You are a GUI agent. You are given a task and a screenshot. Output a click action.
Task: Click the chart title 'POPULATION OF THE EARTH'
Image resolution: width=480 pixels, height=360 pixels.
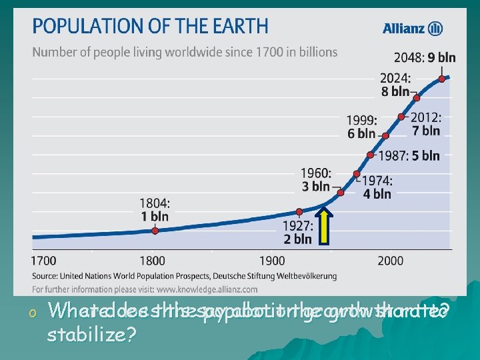tap(150, 27)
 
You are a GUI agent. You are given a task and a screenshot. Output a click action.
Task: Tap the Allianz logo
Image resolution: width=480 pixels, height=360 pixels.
tap(413, 28)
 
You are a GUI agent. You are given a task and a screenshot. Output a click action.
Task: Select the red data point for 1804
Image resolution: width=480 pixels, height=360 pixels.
tap(155, 231)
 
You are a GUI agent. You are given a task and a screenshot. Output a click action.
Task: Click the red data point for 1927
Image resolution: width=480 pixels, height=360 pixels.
tap(299, 212)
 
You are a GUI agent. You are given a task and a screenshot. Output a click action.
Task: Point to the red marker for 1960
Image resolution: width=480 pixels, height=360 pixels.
tap(341, 192)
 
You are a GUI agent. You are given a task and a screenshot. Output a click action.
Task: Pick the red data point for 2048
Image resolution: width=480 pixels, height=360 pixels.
tap(442, 79)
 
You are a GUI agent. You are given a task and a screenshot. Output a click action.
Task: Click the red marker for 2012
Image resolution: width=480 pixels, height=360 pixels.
tap(401, 117)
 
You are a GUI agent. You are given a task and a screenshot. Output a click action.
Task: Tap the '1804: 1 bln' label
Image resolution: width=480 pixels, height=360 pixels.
tap(155, 209)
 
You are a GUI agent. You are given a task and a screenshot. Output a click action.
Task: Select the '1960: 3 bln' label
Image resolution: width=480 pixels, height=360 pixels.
tap(315, 179)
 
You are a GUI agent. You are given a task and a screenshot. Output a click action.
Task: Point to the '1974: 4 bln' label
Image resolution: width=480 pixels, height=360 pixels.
tap(377, 187)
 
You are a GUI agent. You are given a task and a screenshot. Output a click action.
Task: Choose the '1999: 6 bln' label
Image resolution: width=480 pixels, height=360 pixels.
tap(361, 127)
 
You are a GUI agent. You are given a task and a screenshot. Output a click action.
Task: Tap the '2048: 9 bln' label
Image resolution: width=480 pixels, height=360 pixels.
tap(425, 57)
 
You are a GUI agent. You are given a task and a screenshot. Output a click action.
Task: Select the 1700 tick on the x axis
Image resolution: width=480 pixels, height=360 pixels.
tap(45, 260)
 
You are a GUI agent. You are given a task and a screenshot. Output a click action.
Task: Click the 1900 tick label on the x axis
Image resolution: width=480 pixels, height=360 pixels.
tap(272, 260)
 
